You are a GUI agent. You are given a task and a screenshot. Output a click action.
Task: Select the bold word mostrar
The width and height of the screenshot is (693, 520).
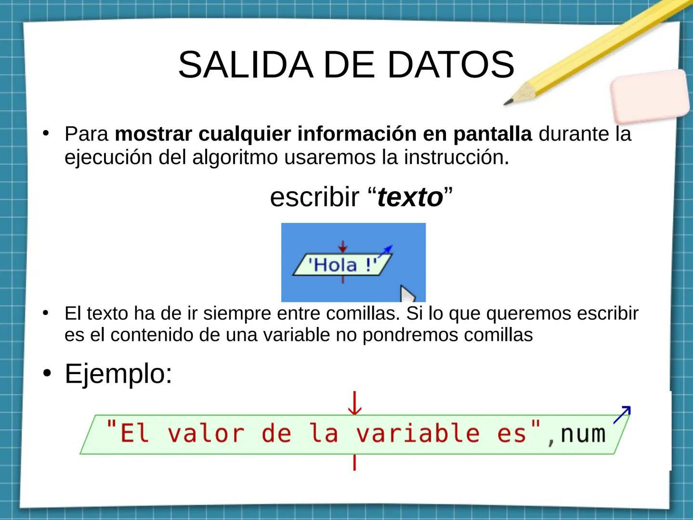click(154, 134)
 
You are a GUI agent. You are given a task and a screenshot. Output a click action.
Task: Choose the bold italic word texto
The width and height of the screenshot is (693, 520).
click(410, 197)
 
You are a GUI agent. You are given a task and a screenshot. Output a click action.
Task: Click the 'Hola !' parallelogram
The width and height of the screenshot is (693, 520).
click(342, 265)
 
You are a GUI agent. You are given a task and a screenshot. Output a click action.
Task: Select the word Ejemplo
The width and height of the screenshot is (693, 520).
click(118, 374)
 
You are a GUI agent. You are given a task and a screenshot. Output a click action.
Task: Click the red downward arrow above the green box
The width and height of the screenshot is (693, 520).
click(355, 403)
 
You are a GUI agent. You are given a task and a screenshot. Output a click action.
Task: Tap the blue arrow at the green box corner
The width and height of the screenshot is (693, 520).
click(622, 414)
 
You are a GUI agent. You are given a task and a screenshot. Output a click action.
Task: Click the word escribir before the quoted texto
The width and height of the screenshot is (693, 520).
click(314, 197)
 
